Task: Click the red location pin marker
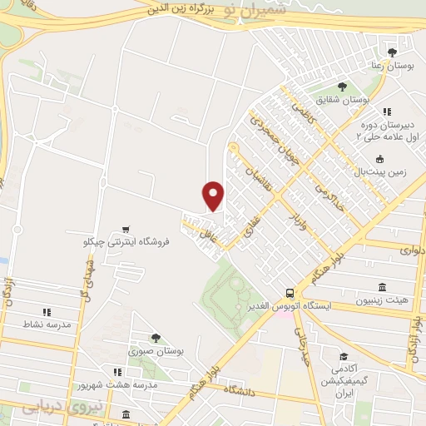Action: point(214,195)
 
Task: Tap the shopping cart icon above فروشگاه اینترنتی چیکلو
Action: point(126,229)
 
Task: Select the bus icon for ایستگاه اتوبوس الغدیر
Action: point(290,293)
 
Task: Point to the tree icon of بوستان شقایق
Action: point(342,86)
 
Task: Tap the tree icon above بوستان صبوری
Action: point(156,337)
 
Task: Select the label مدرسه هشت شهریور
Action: point(106,385)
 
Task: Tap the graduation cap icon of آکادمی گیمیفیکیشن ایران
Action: point(345,356)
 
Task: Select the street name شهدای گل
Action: point(86,279)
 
